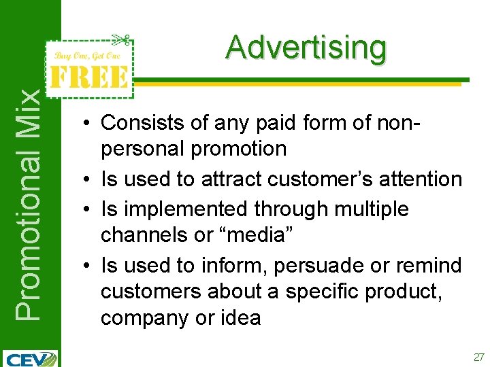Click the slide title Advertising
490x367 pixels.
coord(306,48)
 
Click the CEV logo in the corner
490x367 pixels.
coord(31,357)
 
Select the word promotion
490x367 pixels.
coord(240,148)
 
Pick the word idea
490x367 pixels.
coord(239,317)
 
